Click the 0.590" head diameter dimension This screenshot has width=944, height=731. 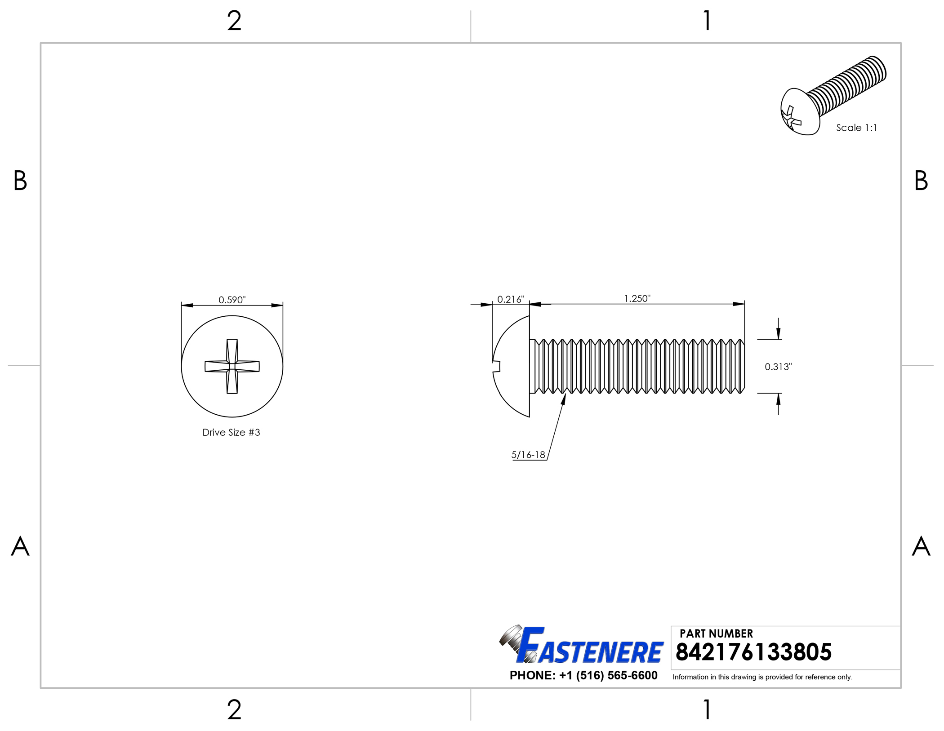232,300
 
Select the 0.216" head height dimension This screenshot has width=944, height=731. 511,299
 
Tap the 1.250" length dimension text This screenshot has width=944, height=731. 637,298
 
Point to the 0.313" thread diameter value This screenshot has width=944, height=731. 778,367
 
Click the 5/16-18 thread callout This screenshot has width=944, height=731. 528,455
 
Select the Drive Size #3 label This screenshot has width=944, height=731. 231,432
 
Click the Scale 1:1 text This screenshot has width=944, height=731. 856,128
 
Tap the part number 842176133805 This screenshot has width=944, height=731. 753,652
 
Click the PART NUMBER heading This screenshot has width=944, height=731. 716,634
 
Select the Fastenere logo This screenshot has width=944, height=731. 581,645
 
